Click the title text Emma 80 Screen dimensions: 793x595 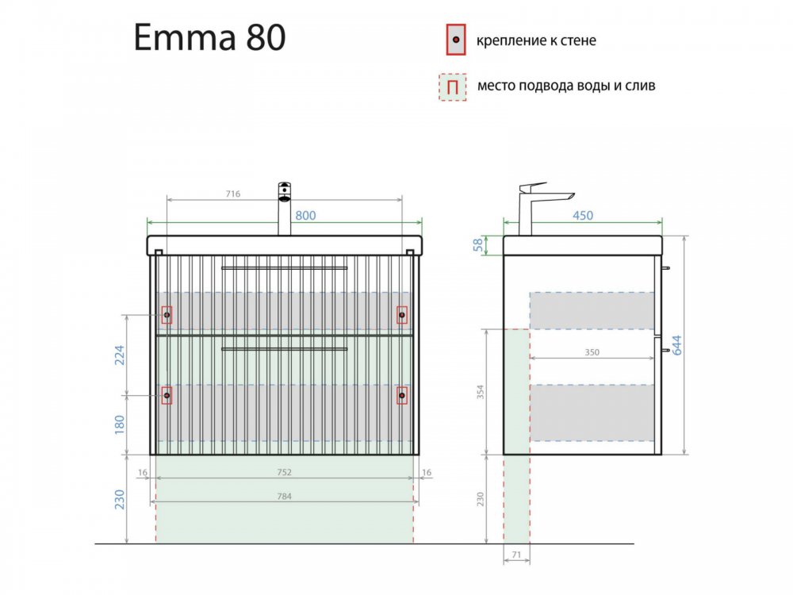pyautogui.click(x=210, y=37)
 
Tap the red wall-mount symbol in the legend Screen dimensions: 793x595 pyautogui.click(x=456, y=40)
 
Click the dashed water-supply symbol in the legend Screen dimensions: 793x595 pyautogui.click(x=453, y=87)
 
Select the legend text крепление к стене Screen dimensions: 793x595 pyautogui.click(x=536, y=40)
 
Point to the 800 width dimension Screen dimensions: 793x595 pyautogui.click(x=305, y=216)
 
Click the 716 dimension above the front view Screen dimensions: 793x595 pyautogui.click(x=232, y=194)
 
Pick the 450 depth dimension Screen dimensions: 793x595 pyautogui.click(x=583, y=216)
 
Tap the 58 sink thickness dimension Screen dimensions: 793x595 pyautogui.click(x=478, y=245)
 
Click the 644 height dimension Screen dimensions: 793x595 pyautogui.click(x=676, y=345)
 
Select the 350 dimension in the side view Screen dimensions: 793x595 pyautogui.click(x=592, y=352)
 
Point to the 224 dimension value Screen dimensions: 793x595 pyautogui.click(x=119, y=355)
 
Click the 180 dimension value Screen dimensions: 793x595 pyautogui.click(x=119, y=424)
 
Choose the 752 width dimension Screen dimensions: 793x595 pyautogui.click(x=284, y=472)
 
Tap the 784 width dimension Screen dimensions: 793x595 pyautogui.click(x=284, y=497)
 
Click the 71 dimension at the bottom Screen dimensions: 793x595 pyautogui.click(x=516, y=555)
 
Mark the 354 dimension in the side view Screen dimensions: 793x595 pyautogui.click(x=481, y=392)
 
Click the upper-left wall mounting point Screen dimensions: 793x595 pyautogui.click(x=167, y=315)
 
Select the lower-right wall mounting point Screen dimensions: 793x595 pyautogui.click(x=402, y=395)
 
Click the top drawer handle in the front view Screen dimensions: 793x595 pyautogui.click(x=284, y=268)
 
